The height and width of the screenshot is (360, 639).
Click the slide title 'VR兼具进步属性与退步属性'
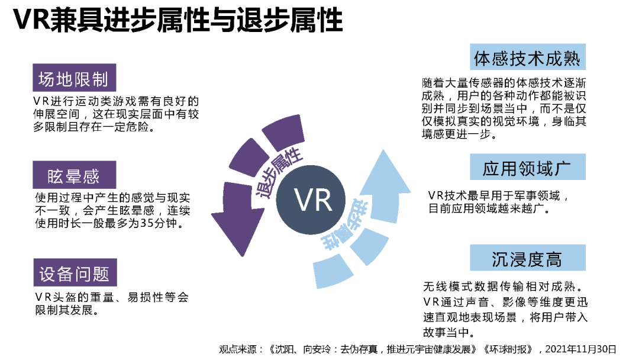point(177,21)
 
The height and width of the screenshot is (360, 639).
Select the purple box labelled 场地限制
point(74,79)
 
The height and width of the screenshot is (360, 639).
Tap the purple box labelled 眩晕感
point(74,176)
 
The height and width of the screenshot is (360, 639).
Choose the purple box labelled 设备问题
point(74,274)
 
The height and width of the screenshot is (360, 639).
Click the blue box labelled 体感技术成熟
point(527,57)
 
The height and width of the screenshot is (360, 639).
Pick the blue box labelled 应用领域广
point(527,168)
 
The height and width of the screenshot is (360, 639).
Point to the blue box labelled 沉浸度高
point(527,258)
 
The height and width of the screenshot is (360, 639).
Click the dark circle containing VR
point(314,201)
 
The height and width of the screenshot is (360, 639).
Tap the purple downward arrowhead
point(237,228)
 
